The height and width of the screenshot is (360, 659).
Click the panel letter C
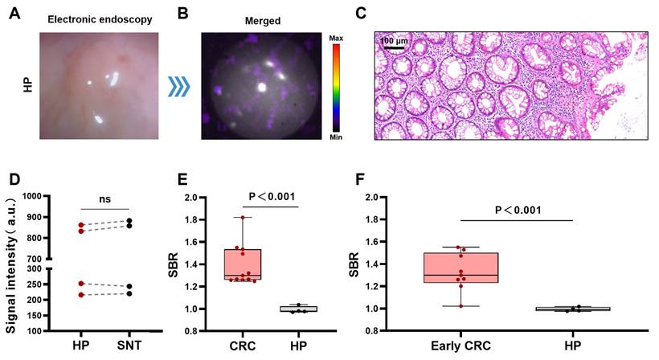coord(360,12)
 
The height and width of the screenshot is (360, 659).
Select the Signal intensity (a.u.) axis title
coord(12,262)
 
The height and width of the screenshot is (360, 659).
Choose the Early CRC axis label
coord(460,347)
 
